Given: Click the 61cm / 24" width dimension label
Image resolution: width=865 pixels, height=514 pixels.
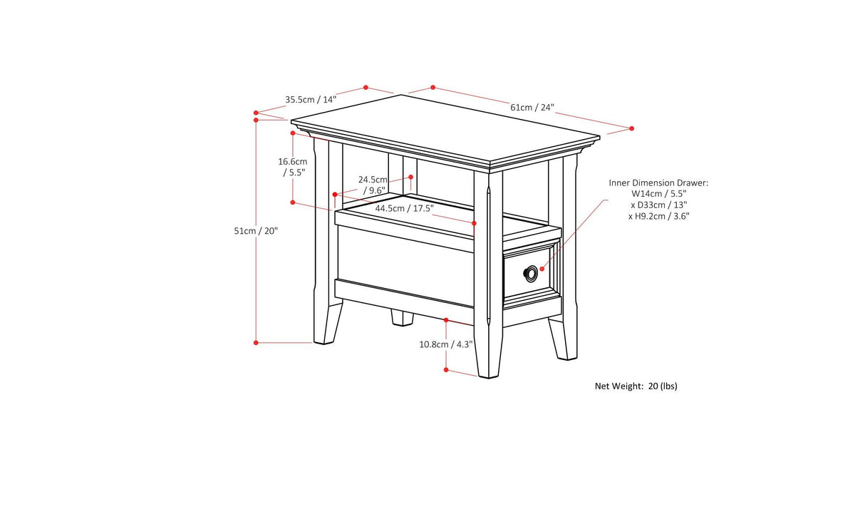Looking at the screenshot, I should (532, 108).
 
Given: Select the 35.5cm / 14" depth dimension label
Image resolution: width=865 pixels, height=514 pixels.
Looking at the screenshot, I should (311, 100).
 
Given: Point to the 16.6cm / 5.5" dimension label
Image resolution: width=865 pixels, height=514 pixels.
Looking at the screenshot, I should (292, 167).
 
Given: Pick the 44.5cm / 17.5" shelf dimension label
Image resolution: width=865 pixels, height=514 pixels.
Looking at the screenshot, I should (404, 208).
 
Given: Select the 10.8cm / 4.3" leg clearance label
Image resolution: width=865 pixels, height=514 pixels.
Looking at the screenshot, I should (445, 344).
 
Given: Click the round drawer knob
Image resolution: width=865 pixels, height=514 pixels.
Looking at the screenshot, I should (531, 272).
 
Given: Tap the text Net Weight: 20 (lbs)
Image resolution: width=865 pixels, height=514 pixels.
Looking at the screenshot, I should (636, 386).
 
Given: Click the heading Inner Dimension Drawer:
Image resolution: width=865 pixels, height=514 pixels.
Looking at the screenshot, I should (658, 183).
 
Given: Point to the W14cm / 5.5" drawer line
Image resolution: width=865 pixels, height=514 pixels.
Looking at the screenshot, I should (658, 194).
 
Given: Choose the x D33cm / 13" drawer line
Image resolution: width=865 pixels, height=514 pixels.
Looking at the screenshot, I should (658, 205).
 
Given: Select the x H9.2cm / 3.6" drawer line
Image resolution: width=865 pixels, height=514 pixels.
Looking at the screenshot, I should (658, 215).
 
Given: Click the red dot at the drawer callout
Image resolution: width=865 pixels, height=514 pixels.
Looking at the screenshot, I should (542, 269).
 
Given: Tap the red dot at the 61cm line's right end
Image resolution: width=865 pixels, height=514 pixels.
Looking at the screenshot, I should (631, 128).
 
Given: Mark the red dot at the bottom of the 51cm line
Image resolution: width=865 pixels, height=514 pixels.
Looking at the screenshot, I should (256, 343).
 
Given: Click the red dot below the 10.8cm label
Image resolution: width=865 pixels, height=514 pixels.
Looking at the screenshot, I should (446, 370).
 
